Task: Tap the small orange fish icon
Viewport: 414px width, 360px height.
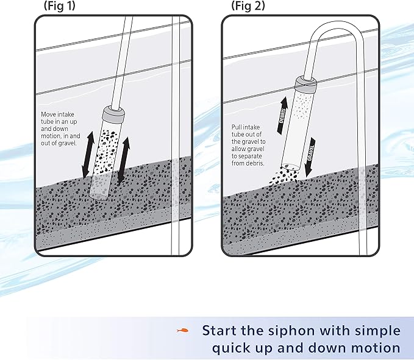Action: coord(181,331)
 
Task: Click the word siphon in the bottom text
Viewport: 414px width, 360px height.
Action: coord(302,331)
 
